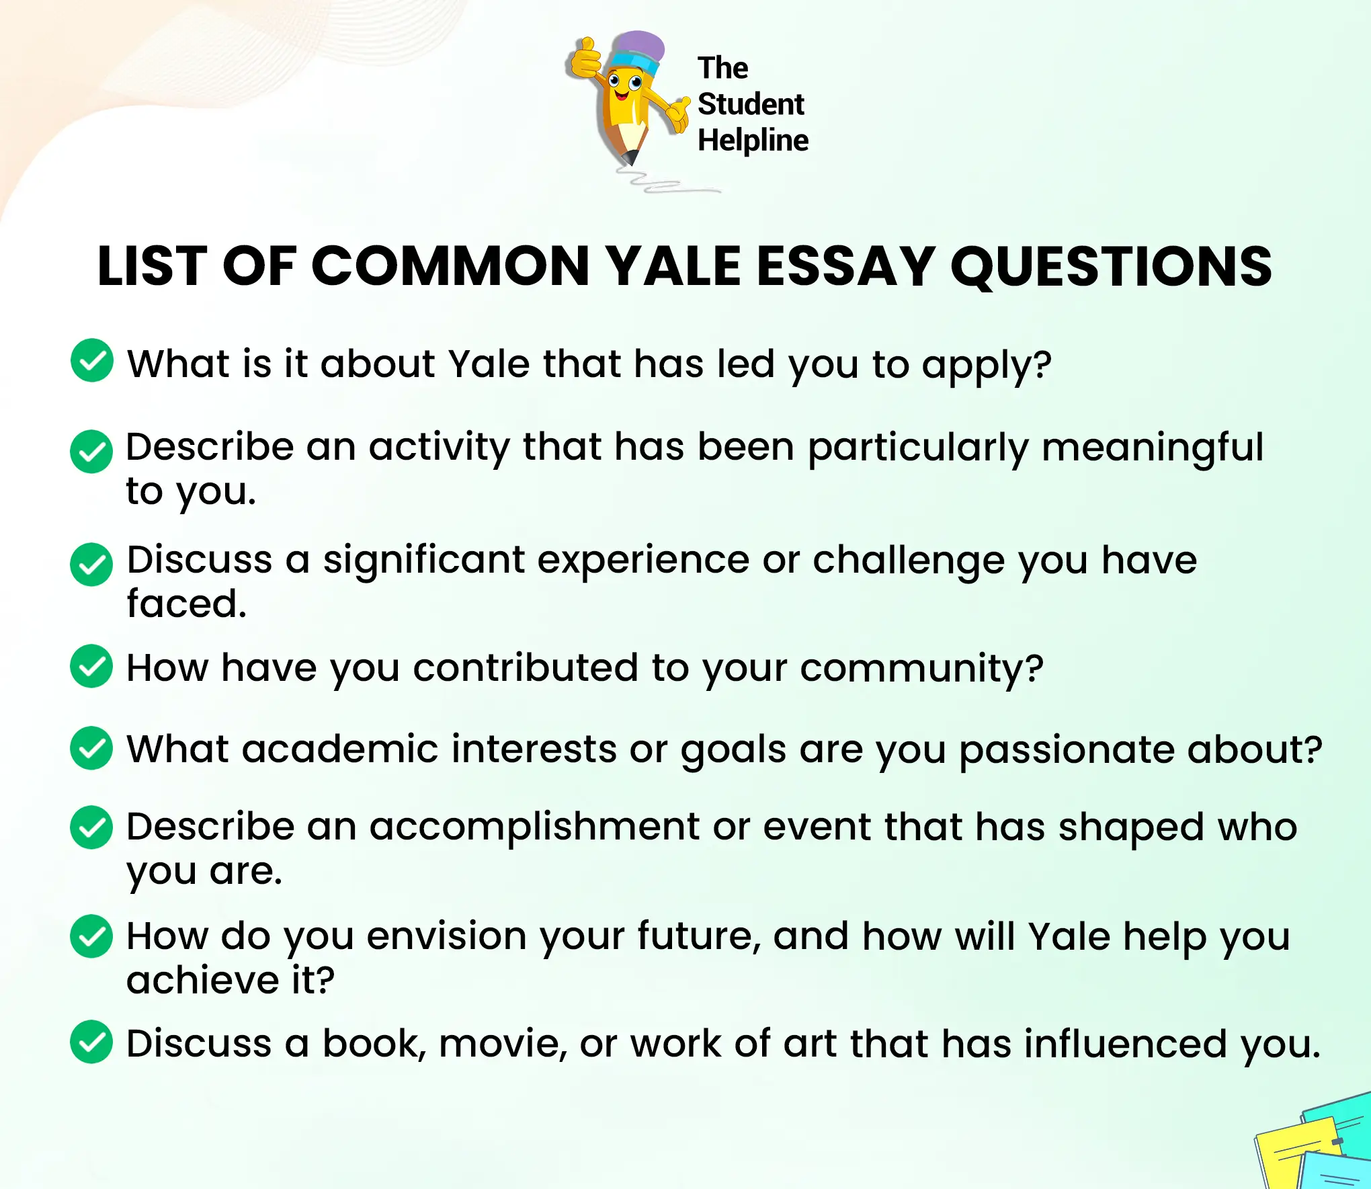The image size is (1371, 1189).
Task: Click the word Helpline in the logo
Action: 753,140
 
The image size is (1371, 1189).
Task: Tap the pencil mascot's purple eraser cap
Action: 638,46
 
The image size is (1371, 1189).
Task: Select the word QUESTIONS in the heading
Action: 1111,266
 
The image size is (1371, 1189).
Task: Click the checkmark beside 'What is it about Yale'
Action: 92,360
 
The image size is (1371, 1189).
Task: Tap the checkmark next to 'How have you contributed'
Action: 91,666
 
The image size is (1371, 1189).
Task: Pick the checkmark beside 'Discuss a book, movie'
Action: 91,1042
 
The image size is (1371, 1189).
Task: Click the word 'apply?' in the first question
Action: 986,365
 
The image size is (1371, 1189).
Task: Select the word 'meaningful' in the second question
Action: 1152,448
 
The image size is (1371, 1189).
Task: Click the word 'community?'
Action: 921,669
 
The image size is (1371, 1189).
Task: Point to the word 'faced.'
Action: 187,604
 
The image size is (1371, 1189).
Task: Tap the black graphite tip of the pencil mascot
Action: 630,158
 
